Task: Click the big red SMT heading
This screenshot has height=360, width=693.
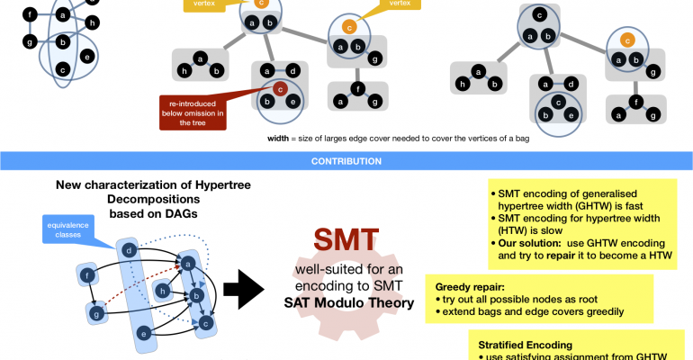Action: click(346, 242)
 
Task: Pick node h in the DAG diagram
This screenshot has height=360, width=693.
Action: click(162, 290)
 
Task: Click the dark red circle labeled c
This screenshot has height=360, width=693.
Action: click(280, 89)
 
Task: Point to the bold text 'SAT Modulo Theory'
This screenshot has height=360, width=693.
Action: click(346, 303)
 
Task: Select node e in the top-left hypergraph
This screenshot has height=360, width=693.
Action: click(87, 56)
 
